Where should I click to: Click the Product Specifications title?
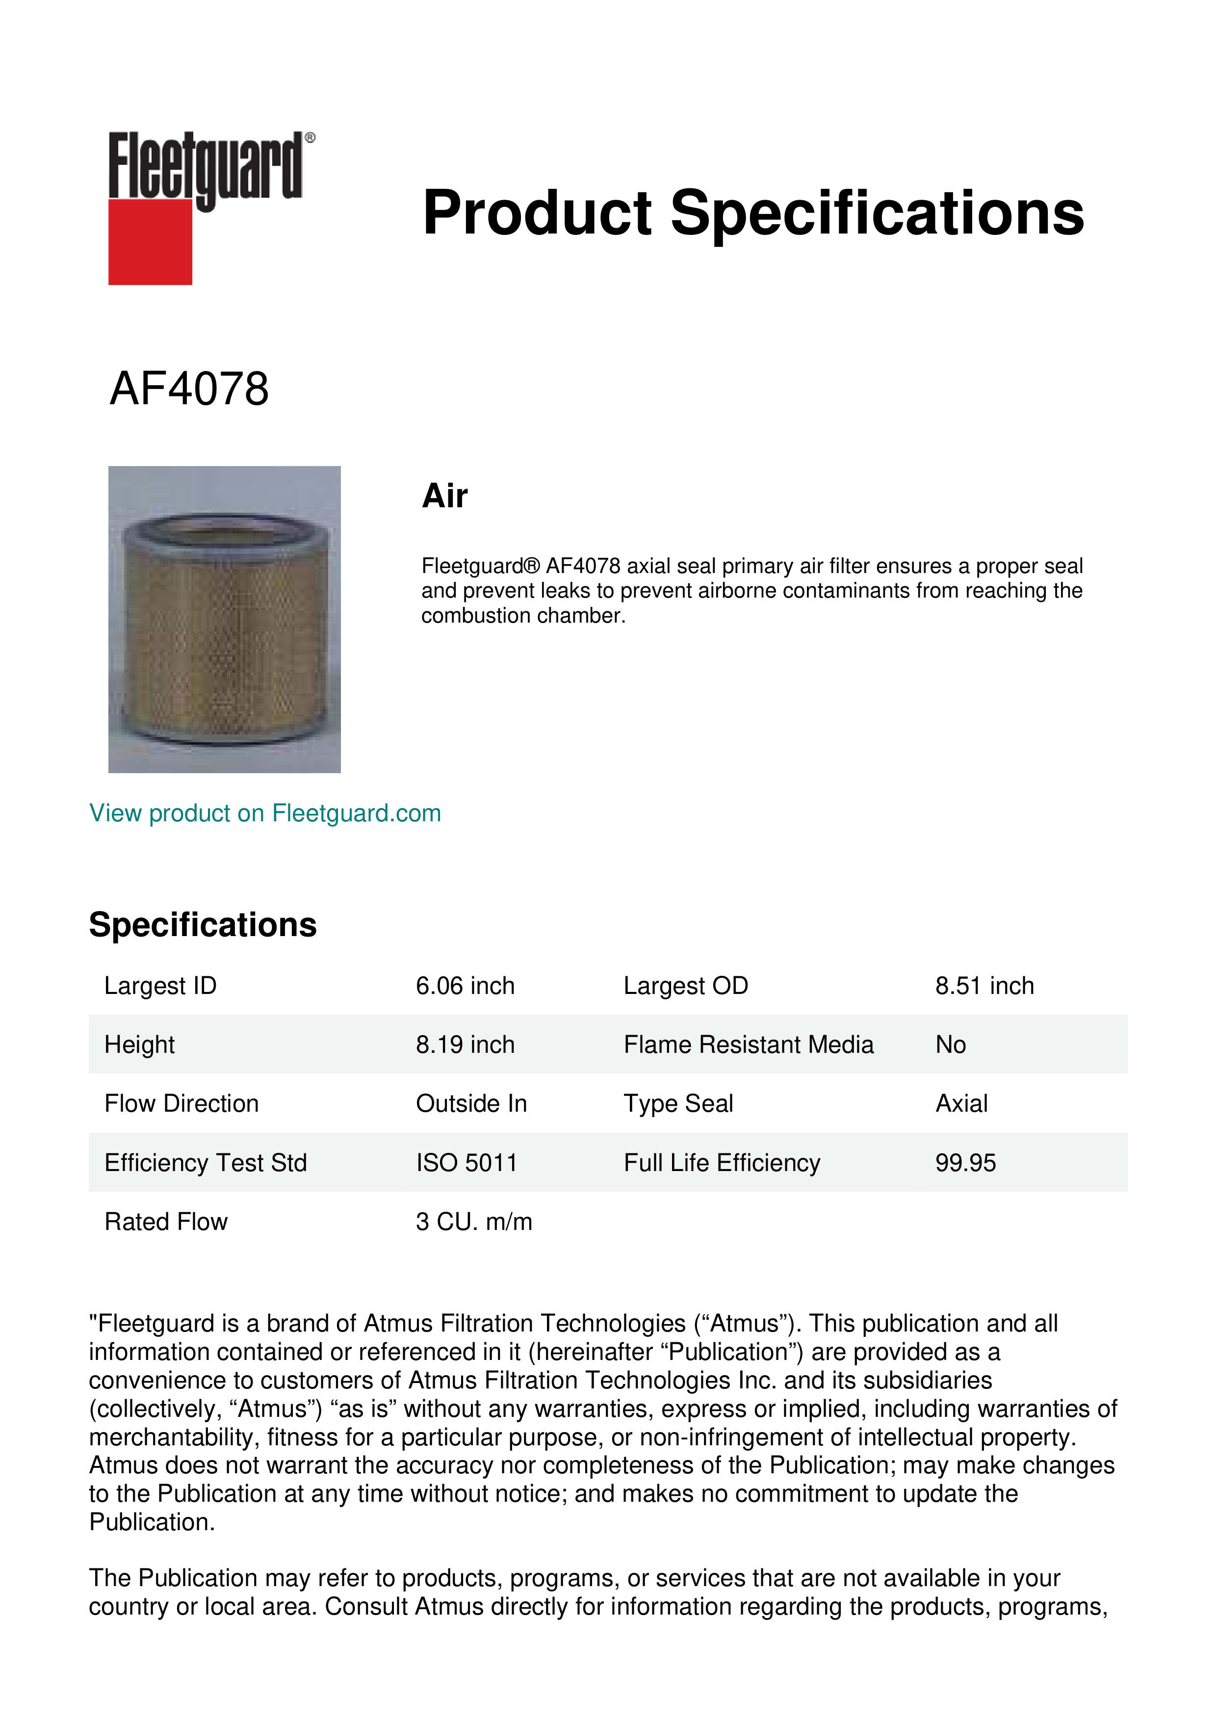[x=753, y=213]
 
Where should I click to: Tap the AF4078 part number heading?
[x=189, y=389]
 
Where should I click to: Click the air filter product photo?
[x=224, y=619]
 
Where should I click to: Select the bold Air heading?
[x=444, y=496]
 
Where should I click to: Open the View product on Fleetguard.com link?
[x=264, y=813]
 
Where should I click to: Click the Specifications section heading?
[x=202, y=925]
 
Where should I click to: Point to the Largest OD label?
[x=686, y=986]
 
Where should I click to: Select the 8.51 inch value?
[x=984, y=986]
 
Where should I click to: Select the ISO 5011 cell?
[x=466, y=1163]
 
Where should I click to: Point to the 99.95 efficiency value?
[x=965, y=1163]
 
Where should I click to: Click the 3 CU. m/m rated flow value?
[x=474, y=1222]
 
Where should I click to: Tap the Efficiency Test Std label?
[x=206, y=1163]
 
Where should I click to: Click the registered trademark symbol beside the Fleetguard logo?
[x=310, y=138]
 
